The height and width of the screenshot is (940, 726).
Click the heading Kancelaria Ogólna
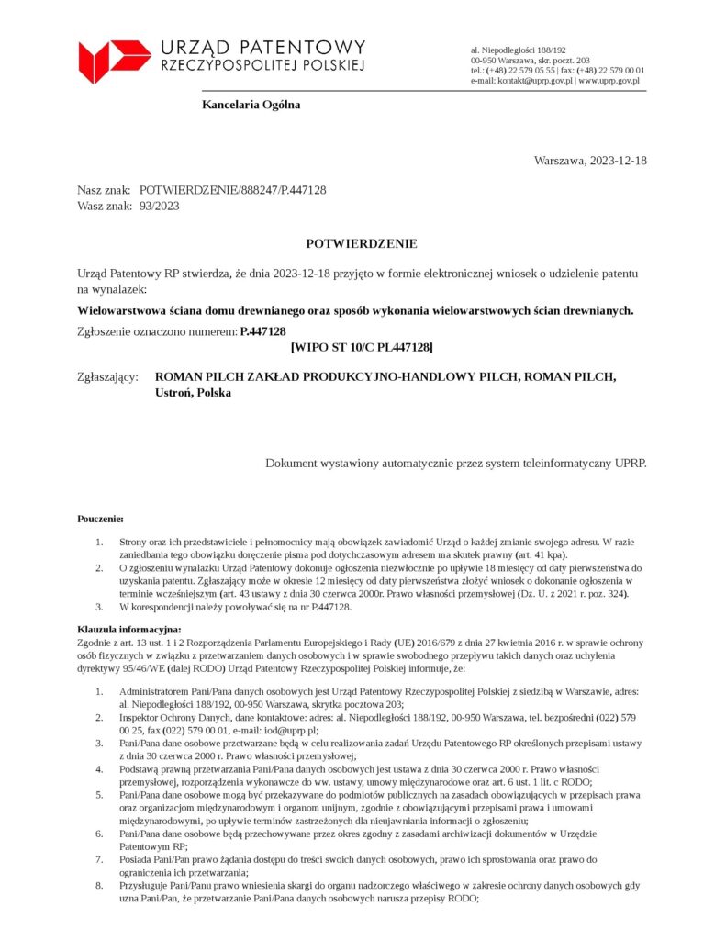(251, 105)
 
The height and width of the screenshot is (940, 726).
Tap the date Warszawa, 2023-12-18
(590, 161)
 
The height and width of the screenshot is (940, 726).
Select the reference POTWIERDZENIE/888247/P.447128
(232, 190)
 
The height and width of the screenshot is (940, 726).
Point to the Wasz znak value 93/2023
(159, 206)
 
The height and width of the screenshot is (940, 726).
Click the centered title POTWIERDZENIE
(362, 244)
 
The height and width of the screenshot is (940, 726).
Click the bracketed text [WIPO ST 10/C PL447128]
(362, 347)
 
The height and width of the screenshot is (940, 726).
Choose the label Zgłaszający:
(107, 377)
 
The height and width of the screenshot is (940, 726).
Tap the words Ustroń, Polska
(194, 393)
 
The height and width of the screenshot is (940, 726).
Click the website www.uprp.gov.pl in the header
(609, 81)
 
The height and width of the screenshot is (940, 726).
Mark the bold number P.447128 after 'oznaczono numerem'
(262, 331)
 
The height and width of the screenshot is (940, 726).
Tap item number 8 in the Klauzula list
(100, 886)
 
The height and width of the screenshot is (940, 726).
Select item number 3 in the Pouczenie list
(100, 608)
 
